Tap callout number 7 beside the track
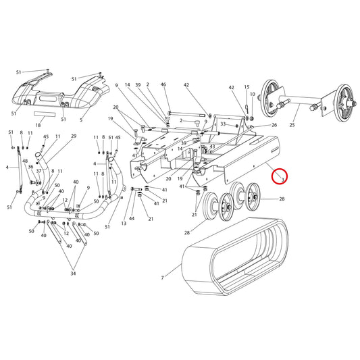tap(162, 278)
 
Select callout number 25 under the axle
tap(292, 125)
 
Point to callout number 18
tap(38, 125)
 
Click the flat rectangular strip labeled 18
tap(45, 114)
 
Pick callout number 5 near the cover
tap(81, 120)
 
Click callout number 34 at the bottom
tap(73, 274)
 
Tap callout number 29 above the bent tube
tap(74, 136)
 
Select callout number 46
tap(163, 84)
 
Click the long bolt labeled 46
tap(186, 114)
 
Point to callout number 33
tap(223, 124)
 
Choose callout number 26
tap(274, 125)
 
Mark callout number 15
tap(247, 87)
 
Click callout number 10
tap(253, 94)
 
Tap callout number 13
tap(124, 224)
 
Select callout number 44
tap(132, 218)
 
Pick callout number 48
tap(25, 161)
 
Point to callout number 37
tap(39, 171)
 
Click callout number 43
tap(212, 147)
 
